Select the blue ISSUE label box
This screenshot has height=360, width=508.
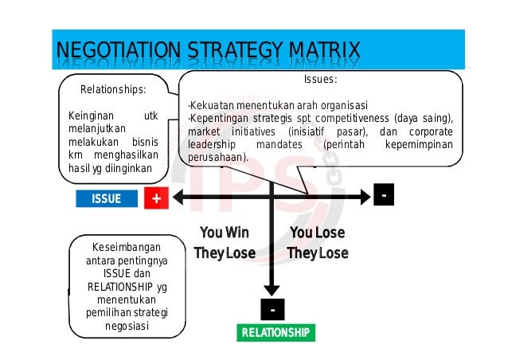107,199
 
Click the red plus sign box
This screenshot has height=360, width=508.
157,199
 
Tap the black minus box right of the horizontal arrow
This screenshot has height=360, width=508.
384,195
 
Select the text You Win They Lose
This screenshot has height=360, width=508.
225,243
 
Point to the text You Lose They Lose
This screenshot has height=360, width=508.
317,243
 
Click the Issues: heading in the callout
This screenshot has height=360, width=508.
321,80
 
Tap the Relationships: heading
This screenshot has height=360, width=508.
113,88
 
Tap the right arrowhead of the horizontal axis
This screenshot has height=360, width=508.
365,196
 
